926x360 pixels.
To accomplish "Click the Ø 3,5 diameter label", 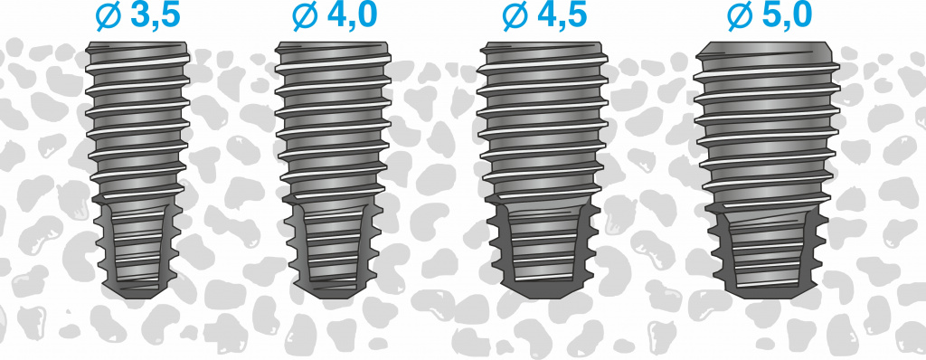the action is pyautogui.click(x=137, y=15).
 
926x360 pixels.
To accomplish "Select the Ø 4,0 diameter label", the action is pyautogui.click(x=334, y=15).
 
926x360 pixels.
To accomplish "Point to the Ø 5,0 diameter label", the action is pyautogui.click(x=770, y=15).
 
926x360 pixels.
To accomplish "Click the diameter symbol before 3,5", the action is pyautogui.click(x=109, y=16).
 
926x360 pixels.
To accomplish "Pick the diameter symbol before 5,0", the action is pyautogui.click(x=740, y=16).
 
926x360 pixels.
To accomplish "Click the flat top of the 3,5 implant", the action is pyautogui.click(x=137, y=43).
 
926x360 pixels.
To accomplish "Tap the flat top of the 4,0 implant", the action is pyautogui.click(x=331, y=43).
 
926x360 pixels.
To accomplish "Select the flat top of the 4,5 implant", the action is pyautogui.click(x=542, y=43).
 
